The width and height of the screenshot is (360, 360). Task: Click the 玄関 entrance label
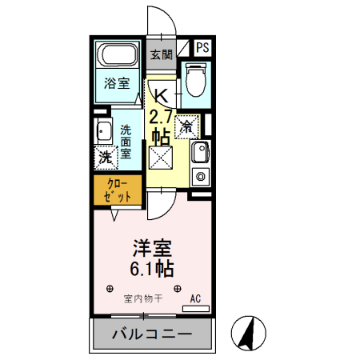pos(161,55)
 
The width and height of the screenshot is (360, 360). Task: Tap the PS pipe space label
pos(202,49)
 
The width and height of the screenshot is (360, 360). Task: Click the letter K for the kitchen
pos(160,93)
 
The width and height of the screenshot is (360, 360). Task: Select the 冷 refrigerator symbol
pos(187,126)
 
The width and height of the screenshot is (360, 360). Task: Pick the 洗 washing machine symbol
pos(105,158)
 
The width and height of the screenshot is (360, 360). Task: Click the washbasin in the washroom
pos(103,133)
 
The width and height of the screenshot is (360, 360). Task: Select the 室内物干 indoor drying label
pos(143,299)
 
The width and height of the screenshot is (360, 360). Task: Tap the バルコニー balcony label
pos(151,334)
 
